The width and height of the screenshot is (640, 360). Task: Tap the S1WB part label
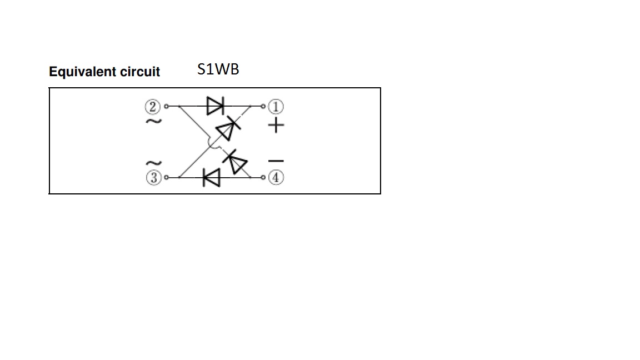218,69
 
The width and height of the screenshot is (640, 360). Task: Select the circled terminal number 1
276,106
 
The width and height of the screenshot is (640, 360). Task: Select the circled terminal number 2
153,106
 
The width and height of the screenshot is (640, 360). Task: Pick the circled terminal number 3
153,178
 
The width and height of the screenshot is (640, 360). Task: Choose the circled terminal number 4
276,178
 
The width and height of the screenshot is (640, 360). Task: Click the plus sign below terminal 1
276,126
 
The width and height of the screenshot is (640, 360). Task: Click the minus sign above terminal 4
276,161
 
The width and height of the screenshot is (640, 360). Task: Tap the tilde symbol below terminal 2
153,121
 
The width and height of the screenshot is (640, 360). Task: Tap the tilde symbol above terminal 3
153,163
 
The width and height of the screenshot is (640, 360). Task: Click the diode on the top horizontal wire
214,106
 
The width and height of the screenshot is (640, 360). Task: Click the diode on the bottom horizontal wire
211,178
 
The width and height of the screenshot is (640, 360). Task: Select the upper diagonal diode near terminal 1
228,129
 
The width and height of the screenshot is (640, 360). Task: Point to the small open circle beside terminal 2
166,106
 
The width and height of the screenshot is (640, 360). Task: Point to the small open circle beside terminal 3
166,178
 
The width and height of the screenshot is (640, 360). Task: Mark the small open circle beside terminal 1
263,106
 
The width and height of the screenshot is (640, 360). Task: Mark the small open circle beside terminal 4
263,178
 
